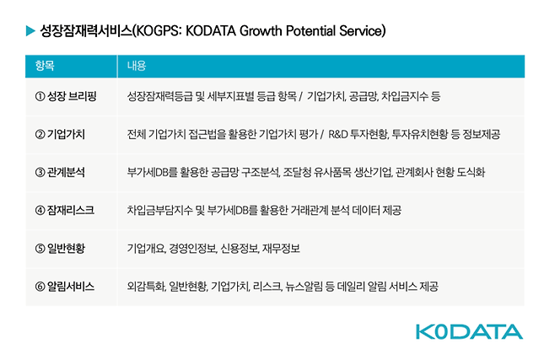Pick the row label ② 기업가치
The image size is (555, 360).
click(60, 134)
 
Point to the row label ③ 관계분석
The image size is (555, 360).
click(60, 172)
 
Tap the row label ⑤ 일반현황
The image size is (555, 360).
click(60, 248)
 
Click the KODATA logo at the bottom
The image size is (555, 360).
click(469, 331)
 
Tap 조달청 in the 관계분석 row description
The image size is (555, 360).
click(296, 172)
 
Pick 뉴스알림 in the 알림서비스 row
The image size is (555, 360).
click(304, 286)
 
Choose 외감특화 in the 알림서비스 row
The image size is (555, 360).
click(144, 286)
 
